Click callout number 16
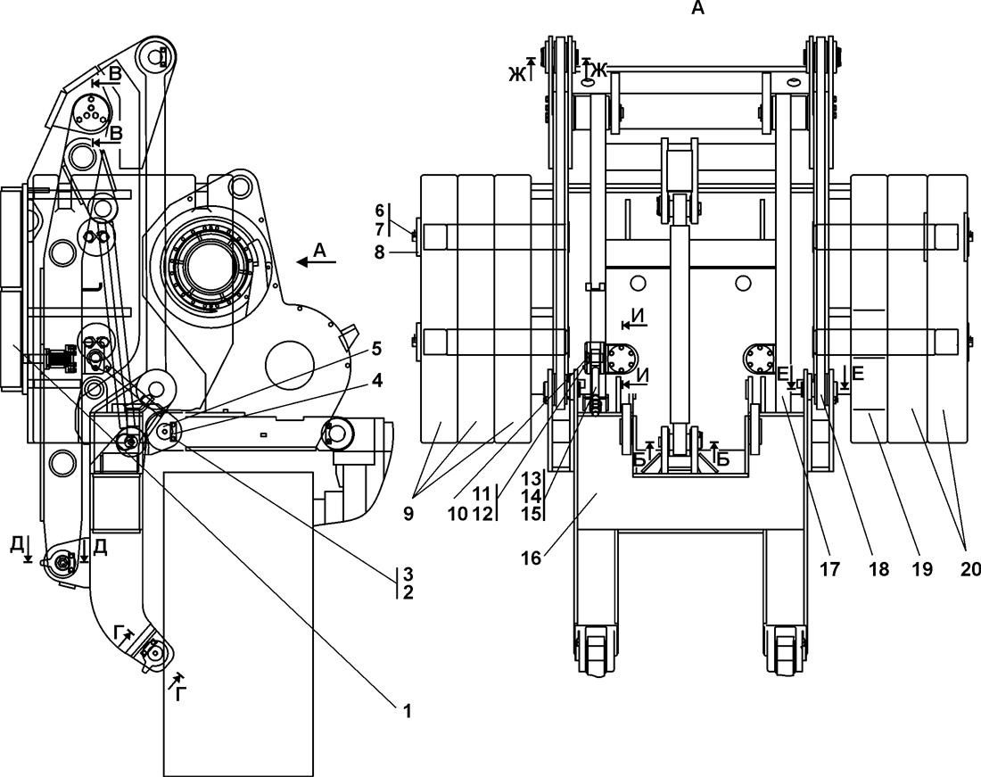[x=531, y=558]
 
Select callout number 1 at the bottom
[x=408, y=711]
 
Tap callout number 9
[x=408, y=514]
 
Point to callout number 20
[x=970, y=568]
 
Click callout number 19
[x=923, y=568]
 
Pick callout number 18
[x=879, y=568]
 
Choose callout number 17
[x=831, y=568]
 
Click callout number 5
[x=376, y=349]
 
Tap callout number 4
[x=376, y=380]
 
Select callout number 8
[x=379, y=252]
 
